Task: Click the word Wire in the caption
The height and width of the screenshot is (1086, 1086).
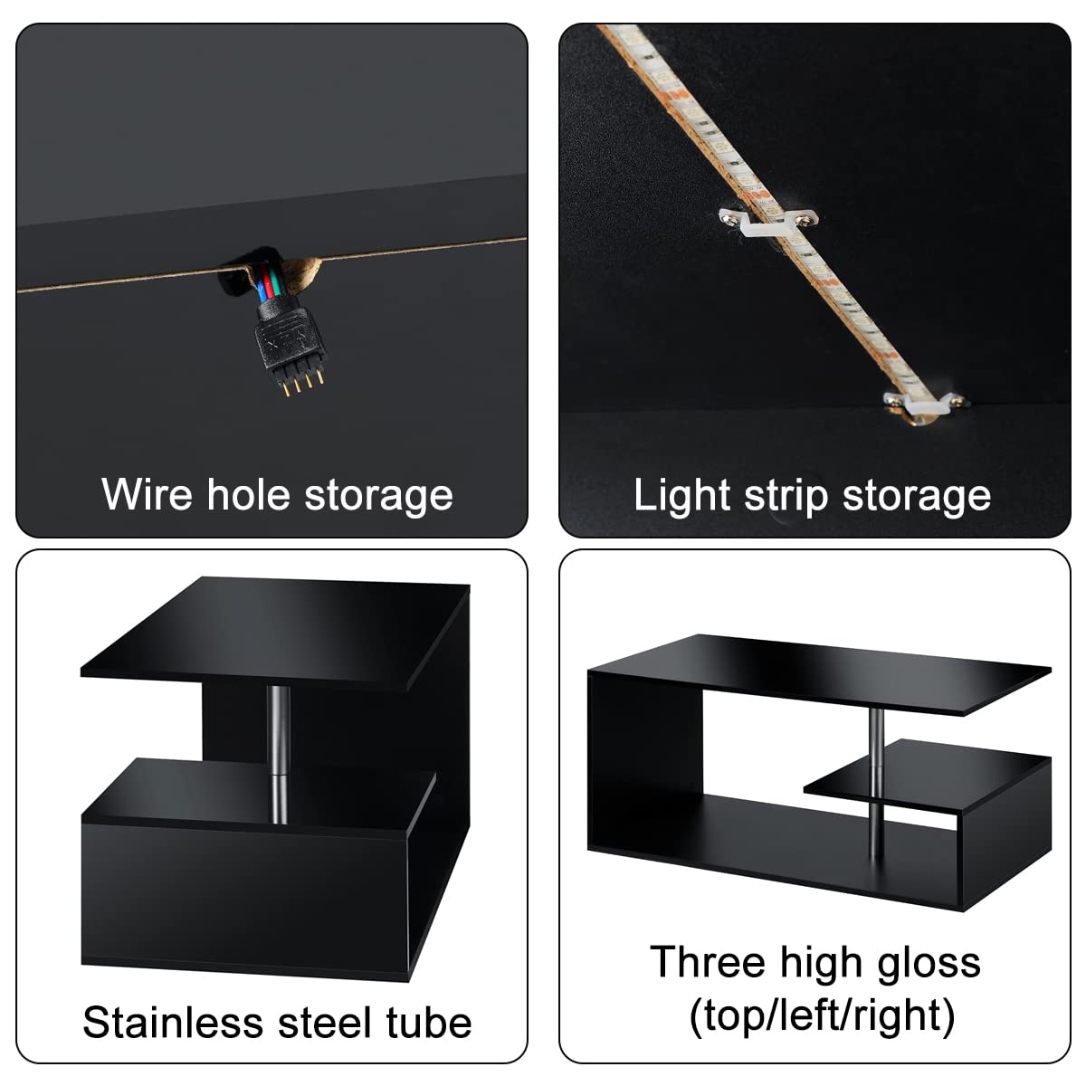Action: tap(148, 495)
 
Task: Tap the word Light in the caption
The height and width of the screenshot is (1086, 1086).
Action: tap(681, 496)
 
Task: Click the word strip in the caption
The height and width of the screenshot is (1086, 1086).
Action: tap(785, 496)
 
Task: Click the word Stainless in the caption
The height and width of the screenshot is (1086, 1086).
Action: tap(173, 1023)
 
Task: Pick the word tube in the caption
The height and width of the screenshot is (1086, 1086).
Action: tap(430, 1023)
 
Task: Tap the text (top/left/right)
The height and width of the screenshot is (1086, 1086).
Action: tap(822, 1016)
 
